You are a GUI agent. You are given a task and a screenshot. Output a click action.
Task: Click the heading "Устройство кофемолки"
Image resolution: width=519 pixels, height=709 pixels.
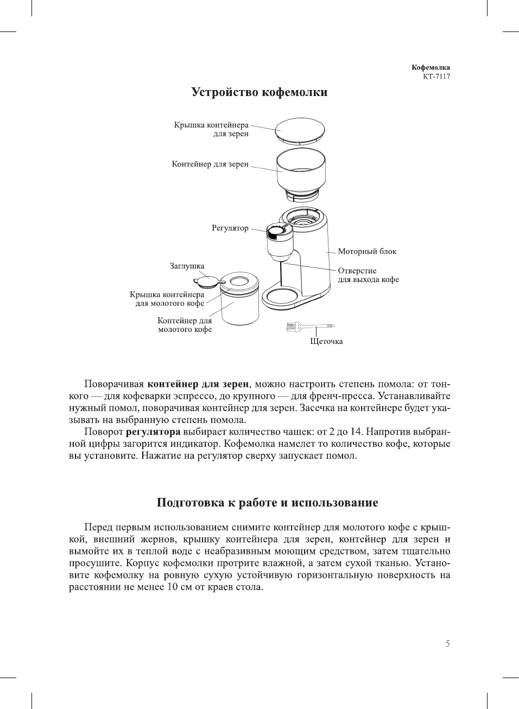pyautogui.click(x=259, y=92)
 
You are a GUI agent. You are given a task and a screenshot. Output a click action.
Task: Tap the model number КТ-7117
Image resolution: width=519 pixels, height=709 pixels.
pyautogui.click(x=436, y=76)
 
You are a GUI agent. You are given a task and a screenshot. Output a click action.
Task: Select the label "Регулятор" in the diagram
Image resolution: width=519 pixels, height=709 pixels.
pyautogui.click(x=230, y=228)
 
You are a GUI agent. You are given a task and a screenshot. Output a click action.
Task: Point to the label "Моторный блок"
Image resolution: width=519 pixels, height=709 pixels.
pyautogui.click(x=367, y=252)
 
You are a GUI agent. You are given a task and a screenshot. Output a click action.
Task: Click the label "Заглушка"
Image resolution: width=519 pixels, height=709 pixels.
pyautogui.click(x=187, y=266)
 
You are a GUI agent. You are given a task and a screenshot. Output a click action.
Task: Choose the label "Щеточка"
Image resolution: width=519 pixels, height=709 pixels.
pyautogui.click(x=326, y=342)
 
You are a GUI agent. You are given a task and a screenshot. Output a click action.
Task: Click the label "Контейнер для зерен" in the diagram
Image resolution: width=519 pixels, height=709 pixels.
pyautogui.click(x=210, y=164)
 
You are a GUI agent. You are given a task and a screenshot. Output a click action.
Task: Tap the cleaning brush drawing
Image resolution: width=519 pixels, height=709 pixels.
pyautogui.click(x=309, y=327)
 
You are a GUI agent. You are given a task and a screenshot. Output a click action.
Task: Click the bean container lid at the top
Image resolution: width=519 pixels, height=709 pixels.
pyautogui.click(x=300, y=130)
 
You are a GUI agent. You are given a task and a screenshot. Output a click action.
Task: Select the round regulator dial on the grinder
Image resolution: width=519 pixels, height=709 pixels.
pyautogui.click(x=276, y=231)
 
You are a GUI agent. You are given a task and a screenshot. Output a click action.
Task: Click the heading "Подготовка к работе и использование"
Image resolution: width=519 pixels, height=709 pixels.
pyautogui.click(x=267, y=503)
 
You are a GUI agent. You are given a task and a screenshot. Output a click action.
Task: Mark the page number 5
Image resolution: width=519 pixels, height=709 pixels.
pyautogui.click(x=448, y=644)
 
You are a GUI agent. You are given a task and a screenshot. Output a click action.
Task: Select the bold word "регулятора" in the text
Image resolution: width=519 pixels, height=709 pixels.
pyautogui.click(x=153, y=432)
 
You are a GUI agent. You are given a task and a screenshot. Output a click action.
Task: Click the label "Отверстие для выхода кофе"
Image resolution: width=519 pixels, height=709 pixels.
pyautogui.click(x=368, y=275)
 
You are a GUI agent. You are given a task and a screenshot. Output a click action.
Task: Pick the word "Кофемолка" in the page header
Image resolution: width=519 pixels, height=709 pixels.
pyautogui.click(x=431, y=68)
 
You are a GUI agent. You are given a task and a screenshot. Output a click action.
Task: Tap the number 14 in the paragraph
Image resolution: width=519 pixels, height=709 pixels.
pyautogui.click(x=356, y=432)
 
